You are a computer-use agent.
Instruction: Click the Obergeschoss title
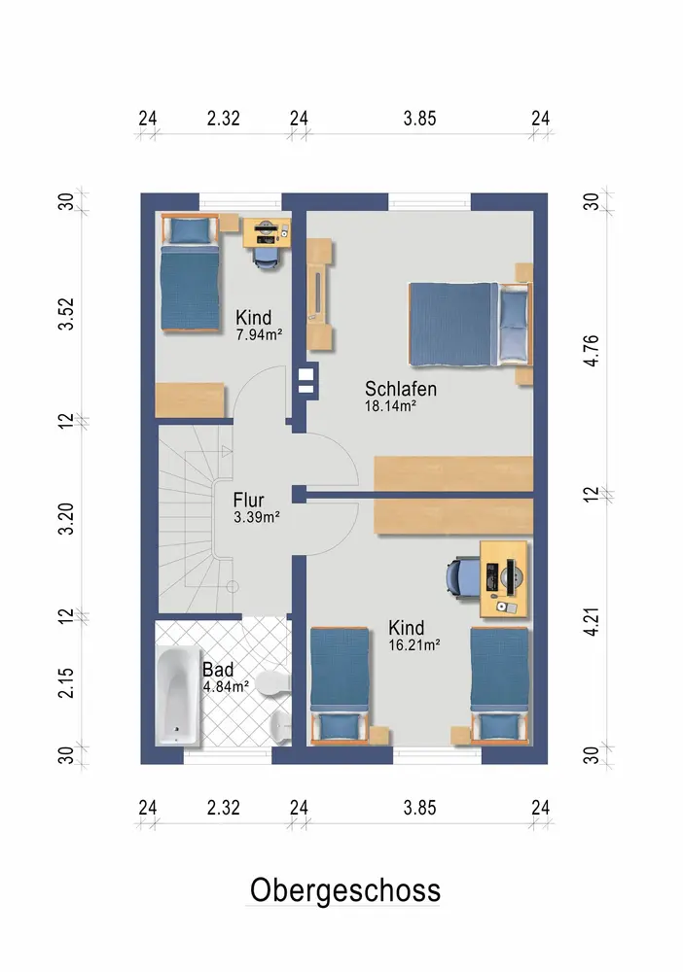(x=345, y=890)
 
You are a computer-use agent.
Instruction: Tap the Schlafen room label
(x=401, y=389)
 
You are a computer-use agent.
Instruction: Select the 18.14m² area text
(x=390, y=406)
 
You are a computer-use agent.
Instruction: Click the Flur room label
(x=248, y=500)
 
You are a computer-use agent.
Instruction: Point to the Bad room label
(x=218, y=670)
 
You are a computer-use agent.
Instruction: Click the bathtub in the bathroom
(x=178, y=696)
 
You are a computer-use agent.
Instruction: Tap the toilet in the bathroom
(x=273, y=682)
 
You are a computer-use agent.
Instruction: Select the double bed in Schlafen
(x=471, y=325)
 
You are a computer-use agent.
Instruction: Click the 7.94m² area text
(x=259, y=334)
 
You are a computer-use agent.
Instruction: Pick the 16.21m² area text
(x=414, y=644)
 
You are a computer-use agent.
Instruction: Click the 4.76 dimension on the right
(x=592, y=350)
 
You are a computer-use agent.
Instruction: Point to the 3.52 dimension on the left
(x=66, y=314)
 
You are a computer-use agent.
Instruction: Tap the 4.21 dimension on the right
(x=592, y=622)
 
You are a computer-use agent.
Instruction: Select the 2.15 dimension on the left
(x=66, y=682)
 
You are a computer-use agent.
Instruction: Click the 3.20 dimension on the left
(x=66, y=519)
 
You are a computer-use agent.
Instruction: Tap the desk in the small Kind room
(x=267, y=233)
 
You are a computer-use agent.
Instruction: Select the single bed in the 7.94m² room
(x=191, y=274)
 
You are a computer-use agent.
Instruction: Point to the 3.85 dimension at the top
(x=419, y=118)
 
